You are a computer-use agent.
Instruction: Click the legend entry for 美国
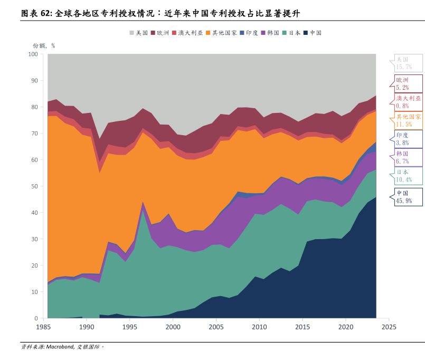point(139,33)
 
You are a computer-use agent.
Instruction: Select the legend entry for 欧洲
point(160,33)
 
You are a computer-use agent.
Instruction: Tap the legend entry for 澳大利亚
point(187,33)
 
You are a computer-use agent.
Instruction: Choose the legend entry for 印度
point(249,33)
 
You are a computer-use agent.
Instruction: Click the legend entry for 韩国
point(270,33)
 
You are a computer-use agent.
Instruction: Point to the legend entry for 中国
point(313,33)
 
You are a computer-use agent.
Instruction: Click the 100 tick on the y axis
point(32,54)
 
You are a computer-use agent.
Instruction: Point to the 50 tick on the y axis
point(34,186)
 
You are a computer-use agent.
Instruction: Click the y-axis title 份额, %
point(44,45)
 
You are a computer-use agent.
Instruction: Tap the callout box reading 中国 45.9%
point(408,196)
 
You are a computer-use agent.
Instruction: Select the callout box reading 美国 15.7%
point(408,63)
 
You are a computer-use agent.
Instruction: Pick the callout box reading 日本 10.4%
point(408,176)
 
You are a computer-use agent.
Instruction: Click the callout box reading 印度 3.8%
point(408,139)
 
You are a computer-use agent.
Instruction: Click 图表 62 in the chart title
point(36,13)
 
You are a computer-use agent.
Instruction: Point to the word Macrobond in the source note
point(60,347)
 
